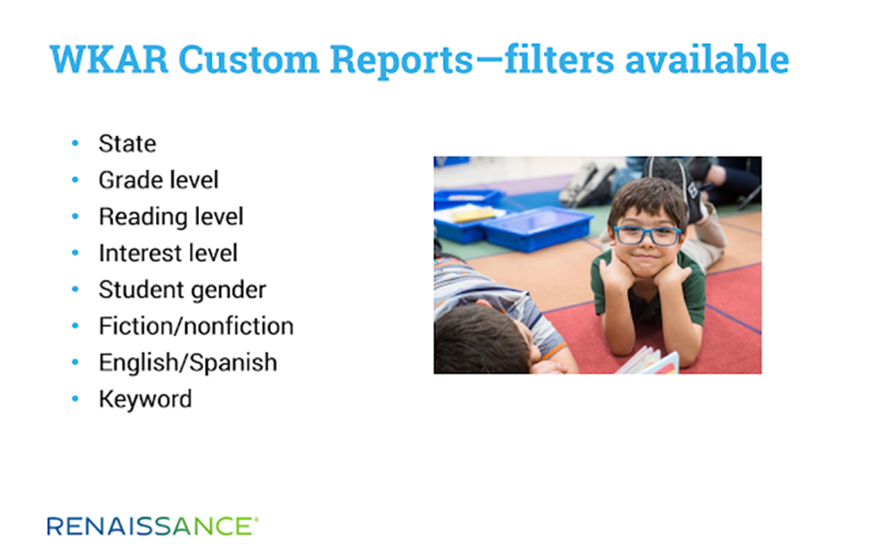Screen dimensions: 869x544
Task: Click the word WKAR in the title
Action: pyautogui.click(x=109, y=59)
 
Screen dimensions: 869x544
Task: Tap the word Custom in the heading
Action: pyautogui.click(x=249, y=59)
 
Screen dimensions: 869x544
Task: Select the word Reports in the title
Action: pyautogui.click(x=402, y=61)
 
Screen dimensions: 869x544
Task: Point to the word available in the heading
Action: pyautogui.click(x=707, y=59)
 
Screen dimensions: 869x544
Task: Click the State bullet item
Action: pyautogui.click(x=127, y=144)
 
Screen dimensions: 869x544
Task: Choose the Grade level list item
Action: pyautogui.click(x=159, y=180)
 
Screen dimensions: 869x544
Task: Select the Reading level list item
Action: pyautogui.click(x=171, y=217)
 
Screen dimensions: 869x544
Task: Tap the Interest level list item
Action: pyautogui.click(x=168, y=253)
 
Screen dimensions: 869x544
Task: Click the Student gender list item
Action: pyautogui.click(x=183, y=290)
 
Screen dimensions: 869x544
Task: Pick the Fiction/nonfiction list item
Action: pyautogui.click(x=196, y=326)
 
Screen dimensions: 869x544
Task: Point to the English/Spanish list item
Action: pyautogui.click(x=188, y=363)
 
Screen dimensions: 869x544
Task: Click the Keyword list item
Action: pyautogui.click(x=145, y=400)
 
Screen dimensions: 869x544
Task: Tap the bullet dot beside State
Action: pyautogui.click(x=76, y=144)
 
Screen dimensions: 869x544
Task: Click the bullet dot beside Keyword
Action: pyautogui.click(x=76, y=399)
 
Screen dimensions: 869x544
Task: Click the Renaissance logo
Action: pyautogui.click(x=152, y=525)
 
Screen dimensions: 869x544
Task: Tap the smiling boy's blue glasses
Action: pyautogui.click(x=646, y=235)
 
